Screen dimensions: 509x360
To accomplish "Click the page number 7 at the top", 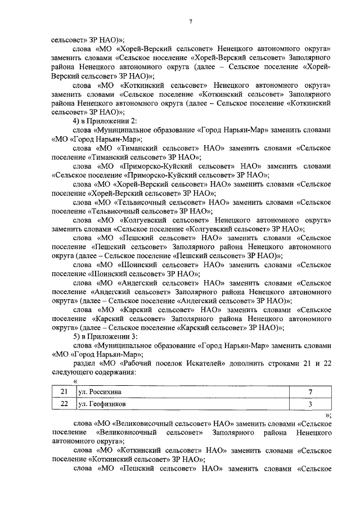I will (x=191, y=22).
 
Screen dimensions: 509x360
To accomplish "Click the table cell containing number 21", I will (x=64, y=391).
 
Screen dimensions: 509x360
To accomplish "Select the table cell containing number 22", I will (x=64, y=404).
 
